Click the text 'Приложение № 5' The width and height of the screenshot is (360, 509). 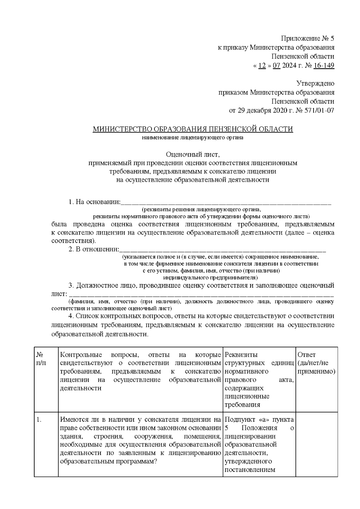pyautogui.click(x=307, y=38)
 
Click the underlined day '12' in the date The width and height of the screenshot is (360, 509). pyautogui.click(x=262, y=65)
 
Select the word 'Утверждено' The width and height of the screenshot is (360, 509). pyautogui.click(x=315, y=83)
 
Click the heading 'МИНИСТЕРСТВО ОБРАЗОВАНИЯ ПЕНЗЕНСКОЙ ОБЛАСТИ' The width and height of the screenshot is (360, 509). pyautogui.click(x=193, y=129)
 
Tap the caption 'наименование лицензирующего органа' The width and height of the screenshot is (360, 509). pyautogui.click(x=193, y=138)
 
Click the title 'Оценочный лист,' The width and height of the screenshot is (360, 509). pyautogui.click(x=193, y=154)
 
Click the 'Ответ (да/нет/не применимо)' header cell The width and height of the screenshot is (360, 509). pyautogui.click(x=316, y=363)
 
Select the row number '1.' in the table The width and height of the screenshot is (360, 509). pyautogui.click(x=39, y=420)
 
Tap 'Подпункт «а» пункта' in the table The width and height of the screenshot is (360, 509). pyautogui.click(x=259, y=420)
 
